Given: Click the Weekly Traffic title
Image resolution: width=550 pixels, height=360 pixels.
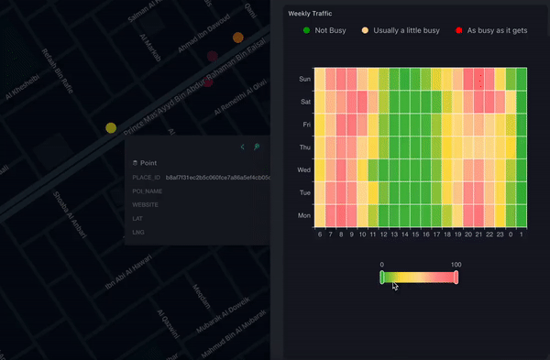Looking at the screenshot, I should [309, 14].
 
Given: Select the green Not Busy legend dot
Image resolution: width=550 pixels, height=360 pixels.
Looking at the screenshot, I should [306, 30].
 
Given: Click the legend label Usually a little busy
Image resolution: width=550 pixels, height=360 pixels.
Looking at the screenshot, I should [406, 30].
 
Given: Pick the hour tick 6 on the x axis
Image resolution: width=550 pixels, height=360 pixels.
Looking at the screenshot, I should [320, 235].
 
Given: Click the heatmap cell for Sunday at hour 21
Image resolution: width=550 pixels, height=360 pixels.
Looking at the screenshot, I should [478, 79].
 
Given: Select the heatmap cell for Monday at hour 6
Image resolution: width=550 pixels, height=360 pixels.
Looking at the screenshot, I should [320, 215].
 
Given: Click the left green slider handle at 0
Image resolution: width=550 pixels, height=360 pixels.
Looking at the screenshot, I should [382, 277].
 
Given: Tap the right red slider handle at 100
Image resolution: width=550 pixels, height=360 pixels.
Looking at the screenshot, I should [456, 277].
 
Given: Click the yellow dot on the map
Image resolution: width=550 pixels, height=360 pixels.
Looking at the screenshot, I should [111, 128].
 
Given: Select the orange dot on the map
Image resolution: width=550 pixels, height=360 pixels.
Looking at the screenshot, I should [238, 38].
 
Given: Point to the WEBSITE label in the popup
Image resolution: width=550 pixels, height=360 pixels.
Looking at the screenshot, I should [147, 205].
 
